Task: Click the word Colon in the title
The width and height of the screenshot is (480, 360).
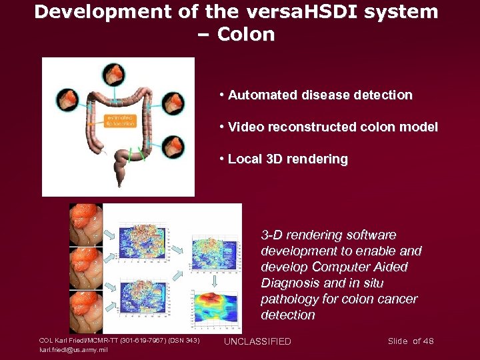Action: click(247, 35)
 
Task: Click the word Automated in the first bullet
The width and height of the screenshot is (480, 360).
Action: click(258, 95)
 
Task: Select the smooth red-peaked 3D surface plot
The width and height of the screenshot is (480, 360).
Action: click(215, 311)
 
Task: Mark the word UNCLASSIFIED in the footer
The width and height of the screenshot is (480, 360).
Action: click(257, 341)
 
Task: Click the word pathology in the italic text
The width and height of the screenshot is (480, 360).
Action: click(289, 299)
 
